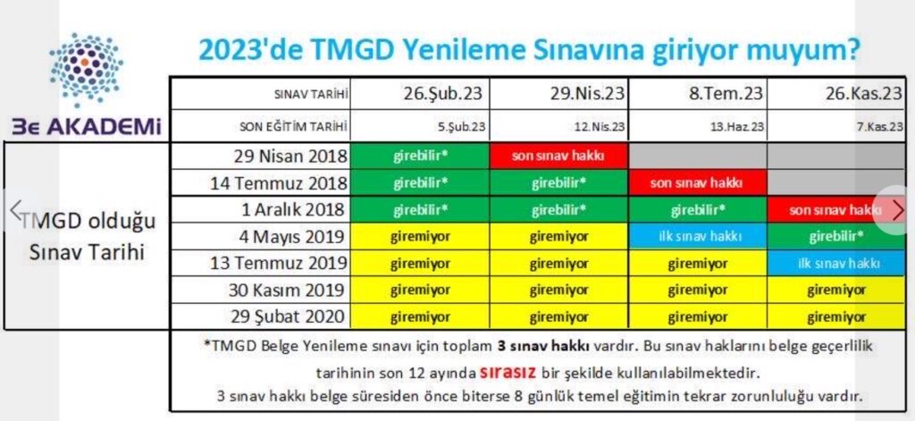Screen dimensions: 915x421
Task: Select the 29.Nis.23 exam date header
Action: coord(587,94)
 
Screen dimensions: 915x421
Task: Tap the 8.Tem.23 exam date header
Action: coord(726,94)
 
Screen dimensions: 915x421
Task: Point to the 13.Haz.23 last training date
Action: coord(742,127)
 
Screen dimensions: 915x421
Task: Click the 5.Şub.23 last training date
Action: coord(465,127)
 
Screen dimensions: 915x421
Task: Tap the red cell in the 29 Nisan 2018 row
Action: coord(559,156)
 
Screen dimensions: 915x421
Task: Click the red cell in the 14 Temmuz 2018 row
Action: coord(697,182)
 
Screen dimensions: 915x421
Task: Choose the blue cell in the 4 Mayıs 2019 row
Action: coord(697,236)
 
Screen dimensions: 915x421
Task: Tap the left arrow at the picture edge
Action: coord(16,209)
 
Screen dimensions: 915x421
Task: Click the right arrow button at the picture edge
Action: coord(898,210)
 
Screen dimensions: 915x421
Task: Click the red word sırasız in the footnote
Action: coord(509,371)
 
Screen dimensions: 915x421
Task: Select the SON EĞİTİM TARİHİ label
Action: coord(294,127)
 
